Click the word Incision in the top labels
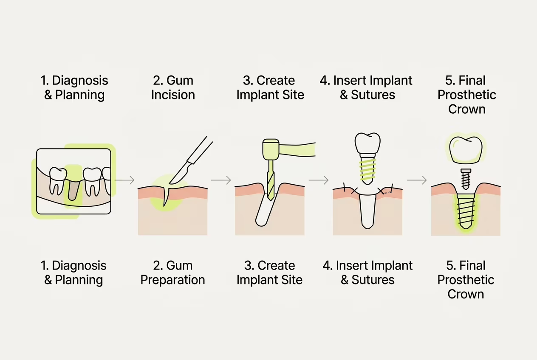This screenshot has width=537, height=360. (x=173, y=95)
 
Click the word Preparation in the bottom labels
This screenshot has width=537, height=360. (x=172, y=280)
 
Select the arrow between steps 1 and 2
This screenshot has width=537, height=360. (x=124, y=180)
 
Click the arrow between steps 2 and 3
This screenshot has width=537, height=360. (x=221, y=180)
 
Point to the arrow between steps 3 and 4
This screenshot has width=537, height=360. (x=318, y=180)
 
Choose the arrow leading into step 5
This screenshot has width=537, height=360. (x=417, y=180)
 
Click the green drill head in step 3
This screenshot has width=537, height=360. (x=271, y=149)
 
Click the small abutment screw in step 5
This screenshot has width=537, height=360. (x=466, y=179)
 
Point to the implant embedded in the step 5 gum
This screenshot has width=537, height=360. (x=466, y=211)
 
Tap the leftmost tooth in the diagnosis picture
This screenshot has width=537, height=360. (x=58, y=181)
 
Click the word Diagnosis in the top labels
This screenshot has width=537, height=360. (x=80, y=81)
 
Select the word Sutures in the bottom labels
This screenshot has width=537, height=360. (x=373, y=280)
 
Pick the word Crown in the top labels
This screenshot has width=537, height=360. (x=467, y=109)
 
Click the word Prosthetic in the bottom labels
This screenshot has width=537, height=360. (x=466, y=280)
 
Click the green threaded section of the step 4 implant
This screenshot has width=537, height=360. (x=367, y=169)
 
